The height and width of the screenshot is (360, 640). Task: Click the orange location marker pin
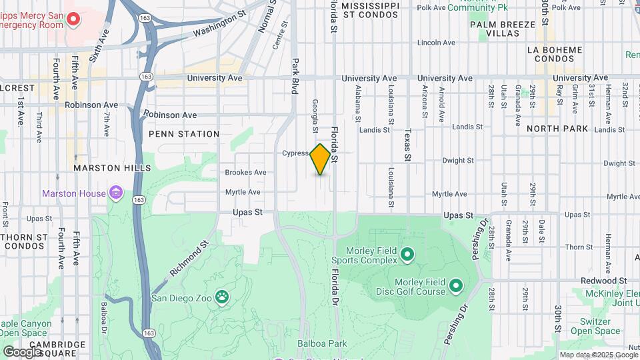321,159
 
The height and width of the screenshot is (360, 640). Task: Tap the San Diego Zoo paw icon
221,297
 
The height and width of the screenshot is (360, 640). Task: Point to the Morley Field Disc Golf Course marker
456,287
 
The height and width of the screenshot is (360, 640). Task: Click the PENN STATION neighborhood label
184,134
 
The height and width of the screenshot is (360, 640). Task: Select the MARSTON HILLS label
113,168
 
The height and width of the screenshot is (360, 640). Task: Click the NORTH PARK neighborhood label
557,128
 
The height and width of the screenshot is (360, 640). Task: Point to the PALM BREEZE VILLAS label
502,29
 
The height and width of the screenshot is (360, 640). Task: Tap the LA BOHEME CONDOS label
554,54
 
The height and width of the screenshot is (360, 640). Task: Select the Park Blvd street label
293,75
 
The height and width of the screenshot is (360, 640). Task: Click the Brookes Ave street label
245,173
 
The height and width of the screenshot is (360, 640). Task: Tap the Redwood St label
604,281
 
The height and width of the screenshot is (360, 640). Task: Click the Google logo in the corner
22,351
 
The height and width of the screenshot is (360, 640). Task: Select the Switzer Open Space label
595,325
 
